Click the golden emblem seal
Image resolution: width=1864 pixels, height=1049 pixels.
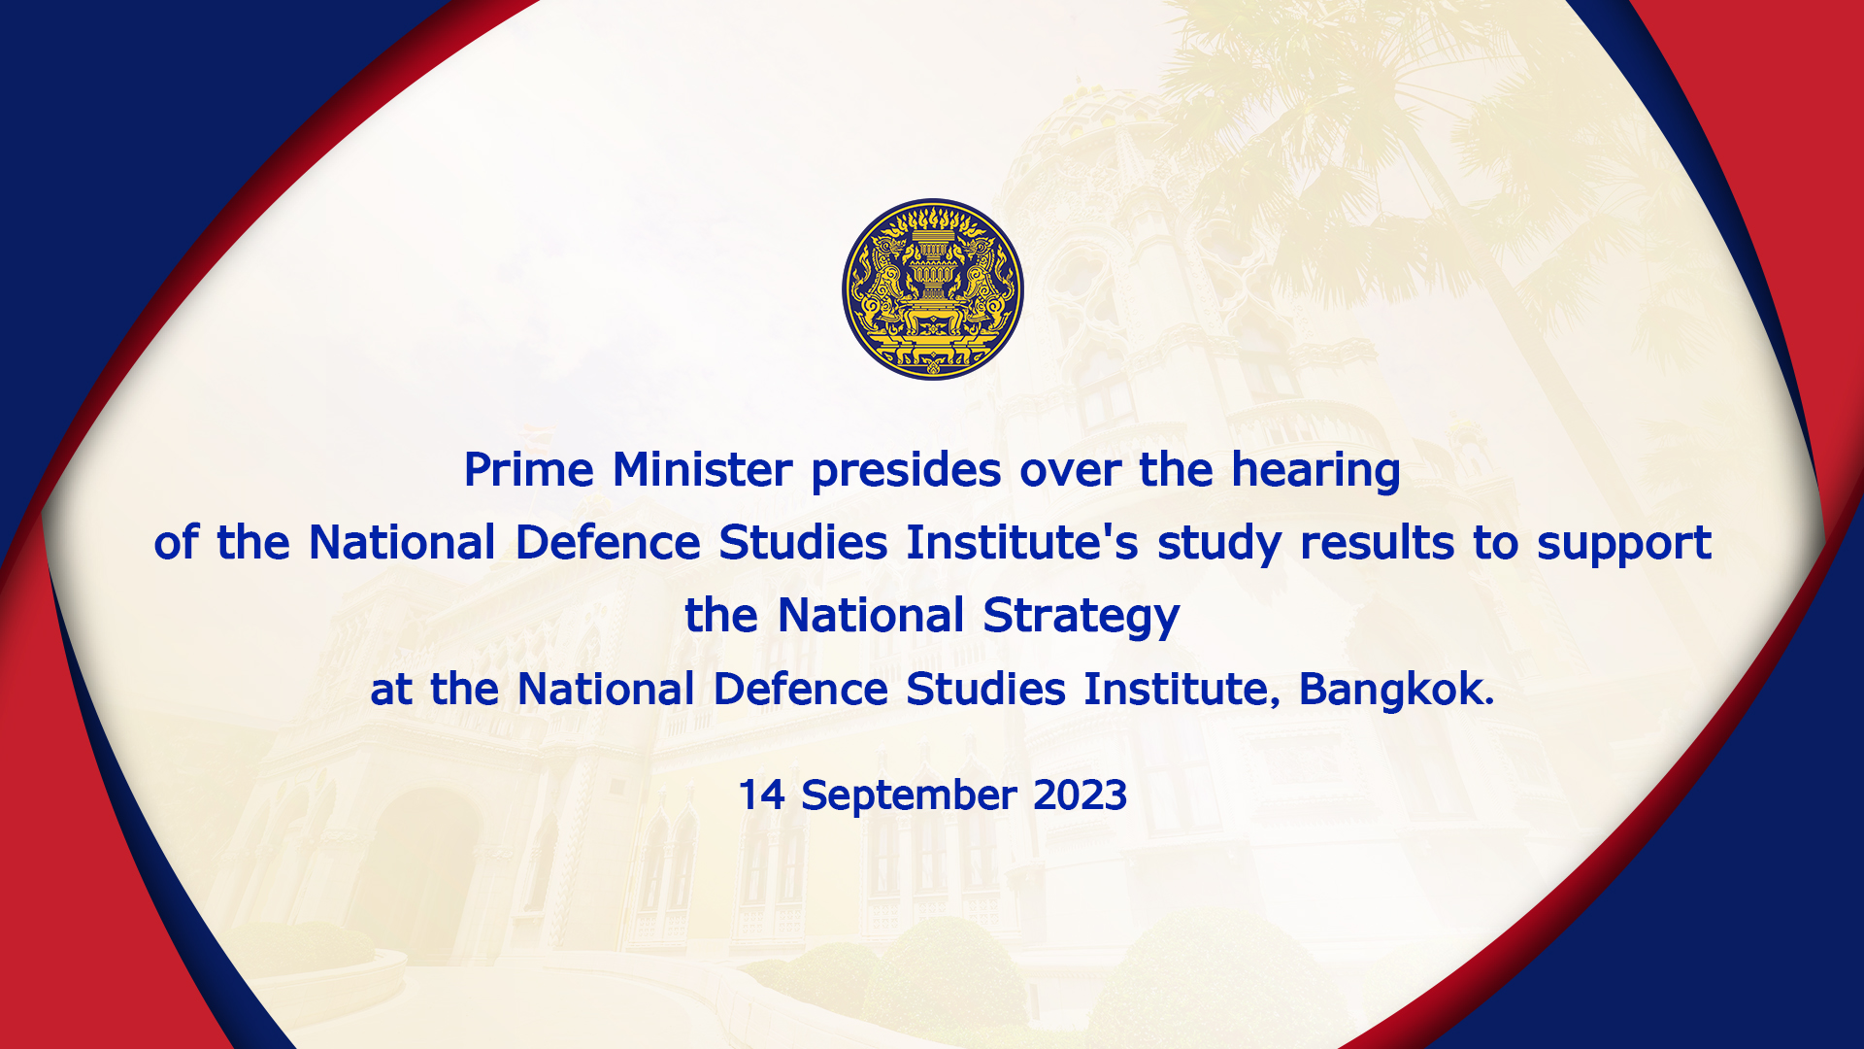[932, 289]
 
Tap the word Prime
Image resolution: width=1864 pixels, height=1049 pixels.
[529, 470]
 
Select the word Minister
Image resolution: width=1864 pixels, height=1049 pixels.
[703, 470]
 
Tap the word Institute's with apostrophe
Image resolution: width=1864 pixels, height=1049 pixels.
[1022, 543]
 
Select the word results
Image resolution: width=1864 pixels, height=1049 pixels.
[1377, 543]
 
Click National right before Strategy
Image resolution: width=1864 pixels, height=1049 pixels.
[871, 616]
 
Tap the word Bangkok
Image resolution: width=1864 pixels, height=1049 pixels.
[1396, 689]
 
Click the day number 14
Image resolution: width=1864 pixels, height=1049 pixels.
[761, 795]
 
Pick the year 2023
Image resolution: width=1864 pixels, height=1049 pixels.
[1080, 795]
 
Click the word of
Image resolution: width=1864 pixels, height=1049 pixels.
[176, 543]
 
